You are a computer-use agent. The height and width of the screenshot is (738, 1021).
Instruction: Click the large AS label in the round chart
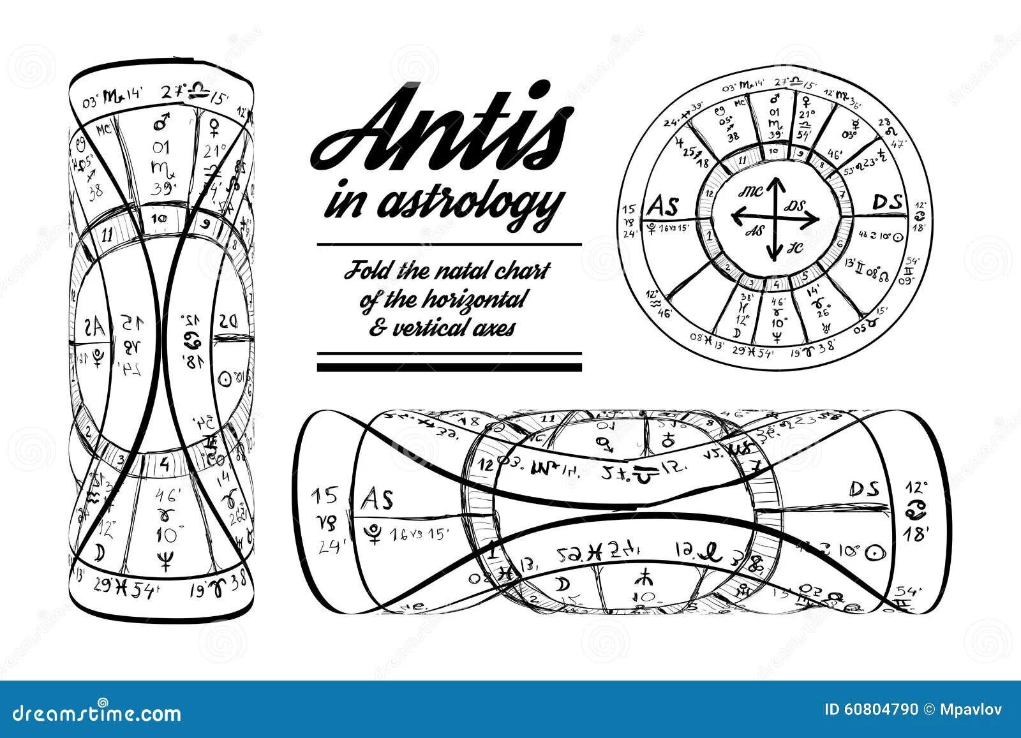tap(664, 206)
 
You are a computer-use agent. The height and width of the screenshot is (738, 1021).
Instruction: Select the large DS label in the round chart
tap(887, 203)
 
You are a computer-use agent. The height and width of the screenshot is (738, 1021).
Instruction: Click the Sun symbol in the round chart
tap(900, 236)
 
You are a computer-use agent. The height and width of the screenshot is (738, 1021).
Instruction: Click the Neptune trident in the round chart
tap(777, 313)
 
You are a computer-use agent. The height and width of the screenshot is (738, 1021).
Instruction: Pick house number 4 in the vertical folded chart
tap(164, 464)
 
